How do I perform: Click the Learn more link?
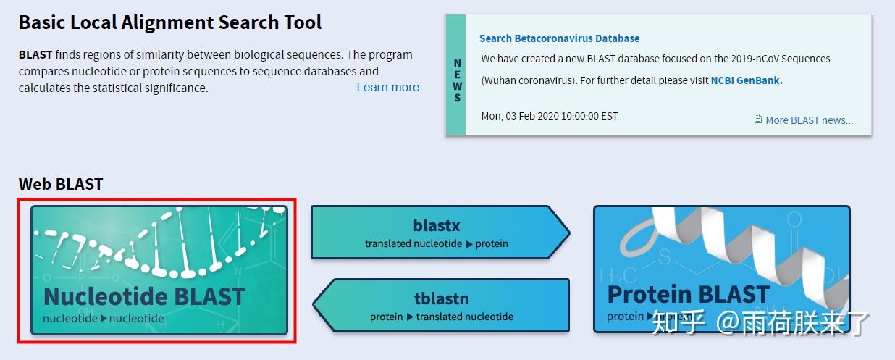(x=387, y=87)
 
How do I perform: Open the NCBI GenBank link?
(x=746, y=80)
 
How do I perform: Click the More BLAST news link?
(x=809, y=120)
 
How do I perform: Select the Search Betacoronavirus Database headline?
(x=559, y=38)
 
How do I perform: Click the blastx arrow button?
(x=437, y=233)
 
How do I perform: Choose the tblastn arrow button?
(x=441, y=306)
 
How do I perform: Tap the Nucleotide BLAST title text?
(x=144, y=296)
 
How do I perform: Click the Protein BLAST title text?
(x=687, y=294)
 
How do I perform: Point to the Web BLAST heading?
(x=61, y=184)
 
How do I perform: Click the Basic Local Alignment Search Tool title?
(x=170, y=22)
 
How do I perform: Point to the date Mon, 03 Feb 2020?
(x=549, y=116)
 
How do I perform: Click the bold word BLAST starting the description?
(x=35, y=55)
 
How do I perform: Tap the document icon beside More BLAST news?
(x=758, y=120)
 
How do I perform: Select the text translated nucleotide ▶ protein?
(x=436, y=244)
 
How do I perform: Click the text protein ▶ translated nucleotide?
(x=441, y=317)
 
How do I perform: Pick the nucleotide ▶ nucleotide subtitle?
(x=104, y=318)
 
